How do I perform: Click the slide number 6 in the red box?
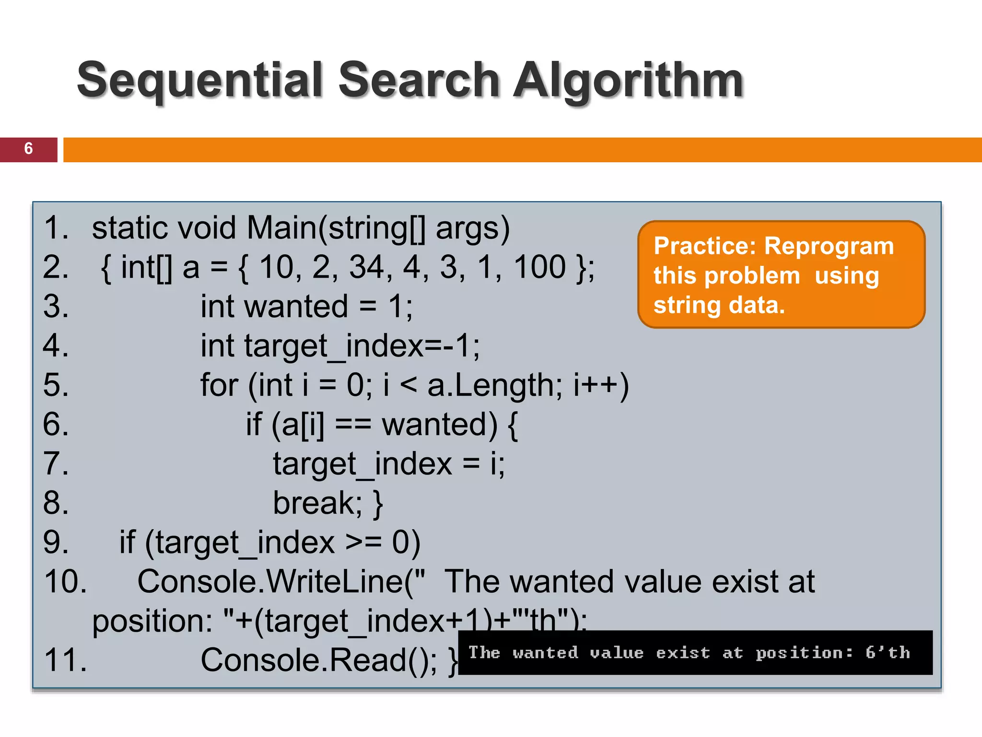[x=28, y=149]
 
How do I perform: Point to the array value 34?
[x=366, y=267]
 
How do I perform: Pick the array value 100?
[x=540, y=267]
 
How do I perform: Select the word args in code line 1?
[x=472, y=228]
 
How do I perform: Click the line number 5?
[x=56, y=385]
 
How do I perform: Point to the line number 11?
[x=65, y=660]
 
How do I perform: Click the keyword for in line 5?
[x=219, y=385]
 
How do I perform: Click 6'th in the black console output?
[x=888, y=653]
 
